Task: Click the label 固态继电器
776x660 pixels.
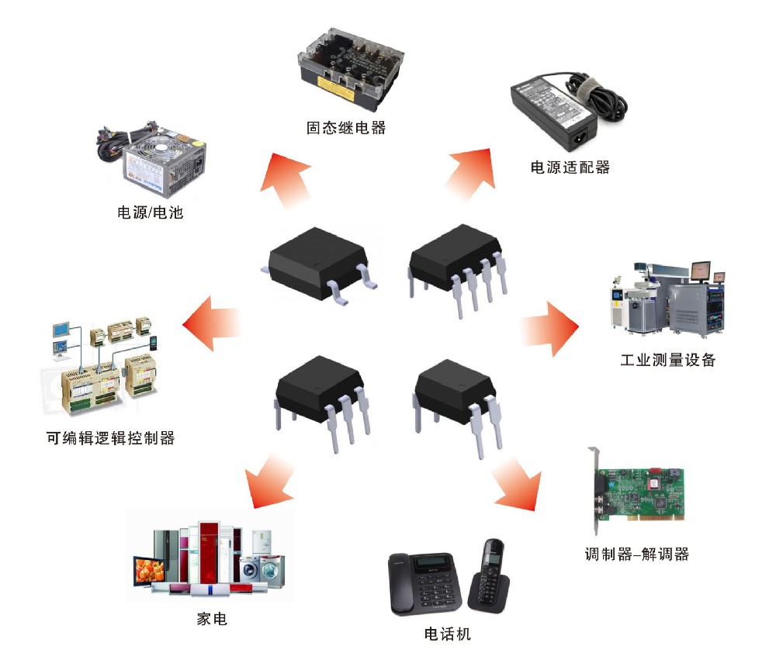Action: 346,127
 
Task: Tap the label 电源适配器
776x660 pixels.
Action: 570,167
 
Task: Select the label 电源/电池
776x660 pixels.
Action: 150,212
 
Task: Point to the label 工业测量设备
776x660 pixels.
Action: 667,360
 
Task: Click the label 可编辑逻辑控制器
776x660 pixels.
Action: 110,438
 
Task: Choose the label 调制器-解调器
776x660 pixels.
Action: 636,554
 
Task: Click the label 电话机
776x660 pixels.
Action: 448,634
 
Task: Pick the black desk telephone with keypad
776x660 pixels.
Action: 424,586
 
